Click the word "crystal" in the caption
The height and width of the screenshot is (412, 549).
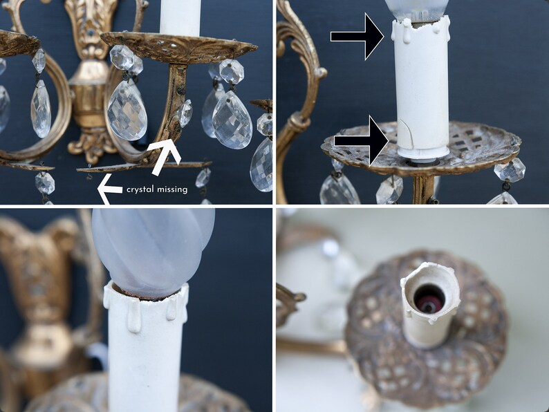(140, 189)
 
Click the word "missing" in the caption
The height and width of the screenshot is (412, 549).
(172, 189)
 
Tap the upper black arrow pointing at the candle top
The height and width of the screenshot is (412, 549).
(357, 37)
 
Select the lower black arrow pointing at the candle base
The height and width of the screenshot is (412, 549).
(361, 141)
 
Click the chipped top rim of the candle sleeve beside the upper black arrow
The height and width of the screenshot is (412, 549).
(421, 24)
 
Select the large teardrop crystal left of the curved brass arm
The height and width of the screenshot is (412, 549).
(127, 110)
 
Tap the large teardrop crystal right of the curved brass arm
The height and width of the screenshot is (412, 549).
(232, 120)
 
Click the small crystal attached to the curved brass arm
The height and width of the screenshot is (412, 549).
(185, 113)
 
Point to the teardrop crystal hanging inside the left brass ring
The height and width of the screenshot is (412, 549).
(41, 108)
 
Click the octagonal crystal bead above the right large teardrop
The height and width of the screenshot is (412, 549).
(232, 71)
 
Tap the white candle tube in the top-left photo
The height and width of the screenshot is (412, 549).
(180, 17)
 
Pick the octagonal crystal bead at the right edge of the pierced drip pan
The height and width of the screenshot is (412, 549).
(510, 171)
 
